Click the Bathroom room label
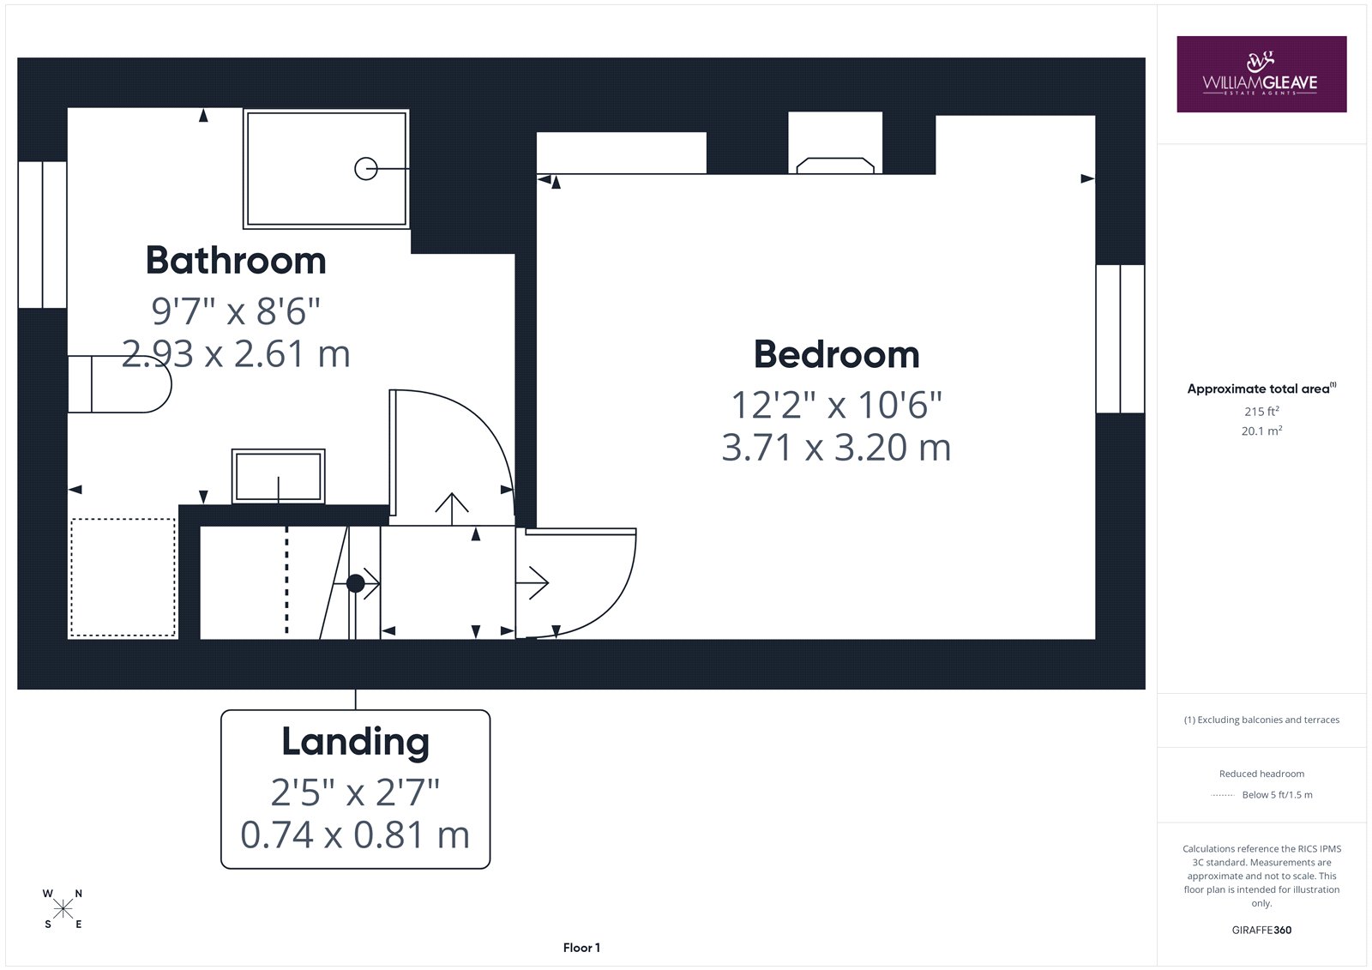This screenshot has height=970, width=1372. click(236, 261)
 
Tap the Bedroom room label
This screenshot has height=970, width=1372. click(837, 354)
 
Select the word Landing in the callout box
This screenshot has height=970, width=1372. click(355, 742)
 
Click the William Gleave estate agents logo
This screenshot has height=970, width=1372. click(1261, 74)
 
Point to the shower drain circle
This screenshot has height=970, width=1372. click(366, 168)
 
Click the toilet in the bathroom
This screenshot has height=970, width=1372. click(119, 384)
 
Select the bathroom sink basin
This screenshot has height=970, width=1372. click(279, 476)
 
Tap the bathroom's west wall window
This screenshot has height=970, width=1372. click(42, 235)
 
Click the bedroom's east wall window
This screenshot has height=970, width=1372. click(1120, 339)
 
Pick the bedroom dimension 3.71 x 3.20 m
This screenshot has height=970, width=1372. click(837, 448)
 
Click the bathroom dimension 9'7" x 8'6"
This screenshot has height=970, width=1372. click(236, 310)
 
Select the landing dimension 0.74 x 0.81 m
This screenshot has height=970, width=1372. click(355, 834)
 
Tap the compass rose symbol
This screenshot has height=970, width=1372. click(63, 909)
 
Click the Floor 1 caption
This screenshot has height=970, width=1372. click(581, 948)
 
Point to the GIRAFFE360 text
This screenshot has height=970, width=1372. click(1261, 930)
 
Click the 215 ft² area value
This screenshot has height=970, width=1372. click(1261, 411)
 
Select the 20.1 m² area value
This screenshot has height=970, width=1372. click(1261, 431)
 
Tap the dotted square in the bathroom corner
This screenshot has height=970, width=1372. click(123, 577)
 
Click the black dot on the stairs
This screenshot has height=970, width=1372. click(355, 582)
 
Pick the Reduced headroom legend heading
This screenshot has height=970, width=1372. click(1261, 774)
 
